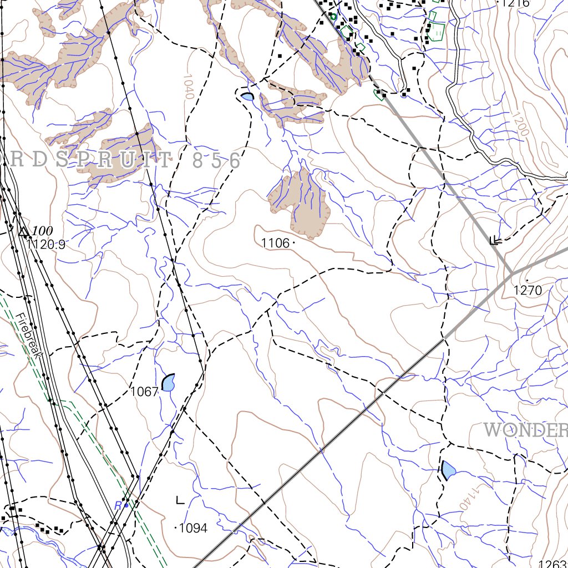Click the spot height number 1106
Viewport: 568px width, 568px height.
click(x=275, y=243)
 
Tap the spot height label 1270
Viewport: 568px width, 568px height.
click(x=527, y=290)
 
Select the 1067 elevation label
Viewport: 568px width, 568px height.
click(x=144, y=392)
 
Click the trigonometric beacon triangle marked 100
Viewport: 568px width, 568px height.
click(x=23, y=231)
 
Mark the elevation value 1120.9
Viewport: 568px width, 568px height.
click(x=45, y=245)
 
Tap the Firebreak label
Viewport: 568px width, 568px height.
click(x=26, y=339)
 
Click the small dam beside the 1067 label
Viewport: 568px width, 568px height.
click(x=168, y=382)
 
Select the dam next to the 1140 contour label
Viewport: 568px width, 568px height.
click(x=448, y=470)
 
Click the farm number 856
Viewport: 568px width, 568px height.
click(x=216, y=161)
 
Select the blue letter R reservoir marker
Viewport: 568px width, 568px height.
click(x=118, y=505)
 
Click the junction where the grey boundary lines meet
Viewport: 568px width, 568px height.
click(x=511, y=273)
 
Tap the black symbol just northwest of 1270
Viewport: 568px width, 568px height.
click(x=495, y=240)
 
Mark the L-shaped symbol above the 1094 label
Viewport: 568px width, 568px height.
click(x=180, y=500)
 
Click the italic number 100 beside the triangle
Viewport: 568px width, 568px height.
click(x=42, y=231)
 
